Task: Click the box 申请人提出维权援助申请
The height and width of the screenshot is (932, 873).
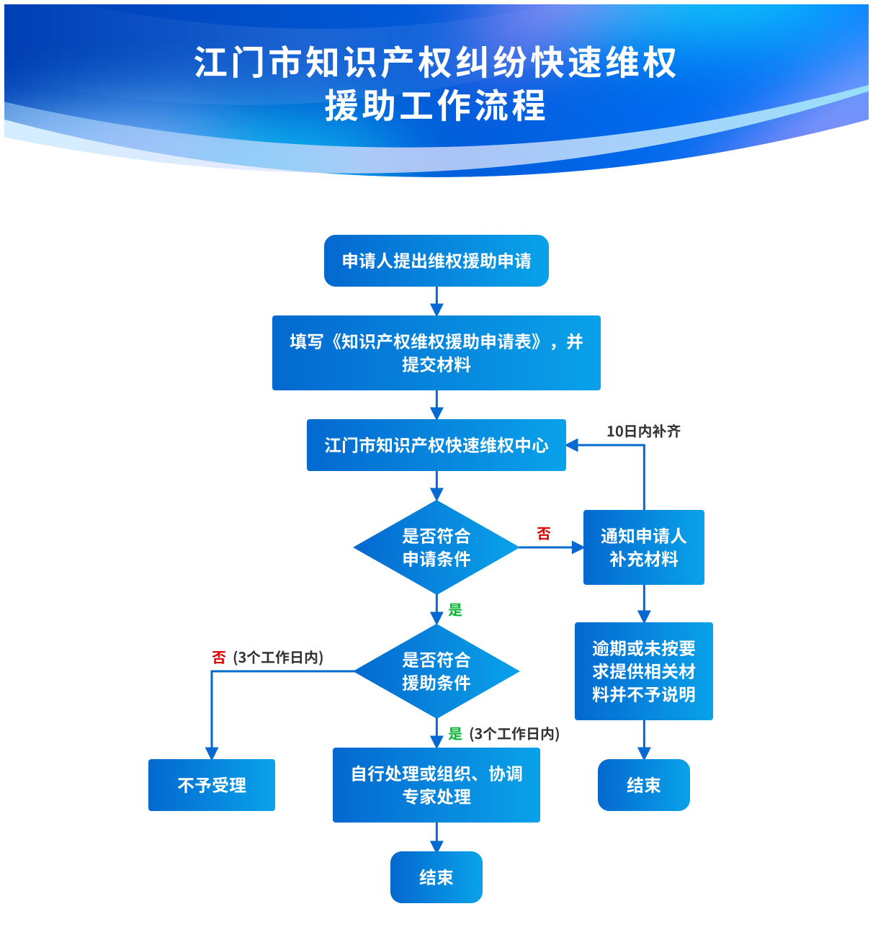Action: click(x=436, y=261)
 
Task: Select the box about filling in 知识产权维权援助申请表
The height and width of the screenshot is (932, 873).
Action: click(x=436, y=353)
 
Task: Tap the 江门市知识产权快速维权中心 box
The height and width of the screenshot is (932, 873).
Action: click(x=436, y=445)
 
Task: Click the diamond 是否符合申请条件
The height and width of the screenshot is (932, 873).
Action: click(x=436, y=547)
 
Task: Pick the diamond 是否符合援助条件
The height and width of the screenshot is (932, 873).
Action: click(x=436, y=671)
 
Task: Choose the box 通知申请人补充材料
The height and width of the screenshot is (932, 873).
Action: click(x=643, y=547)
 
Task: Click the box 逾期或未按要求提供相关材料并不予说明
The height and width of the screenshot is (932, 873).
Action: click(x=643, y=671)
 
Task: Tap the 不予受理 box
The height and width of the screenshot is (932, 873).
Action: click(x=212, y=785)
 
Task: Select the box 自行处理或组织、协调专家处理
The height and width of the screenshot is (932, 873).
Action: click(x=436, y=785)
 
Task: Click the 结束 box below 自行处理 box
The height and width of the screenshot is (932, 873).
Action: click(x=436, y=877)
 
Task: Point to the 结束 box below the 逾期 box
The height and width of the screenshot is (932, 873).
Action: click(x=643, y=785)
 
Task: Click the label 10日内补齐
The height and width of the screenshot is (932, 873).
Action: click(x=643, y=431)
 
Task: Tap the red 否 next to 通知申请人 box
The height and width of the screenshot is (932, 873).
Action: click(x=544, y=534)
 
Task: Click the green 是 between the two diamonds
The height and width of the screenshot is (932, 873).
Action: click(x=455, y=610)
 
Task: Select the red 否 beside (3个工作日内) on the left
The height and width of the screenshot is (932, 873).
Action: click(x=219, y=658)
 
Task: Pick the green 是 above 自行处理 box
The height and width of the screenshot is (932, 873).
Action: click(x=455, y=734)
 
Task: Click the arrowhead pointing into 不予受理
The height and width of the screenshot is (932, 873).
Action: click(x=212, y=753)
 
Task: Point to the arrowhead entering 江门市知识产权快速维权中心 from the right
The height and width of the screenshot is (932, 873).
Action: click(x=573, y=445)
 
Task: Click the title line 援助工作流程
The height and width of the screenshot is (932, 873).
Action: click(x=436, y=106)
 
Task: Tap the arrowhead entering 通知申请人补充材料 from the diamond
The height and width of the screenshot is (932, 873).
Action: click(x=577, y=547)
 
